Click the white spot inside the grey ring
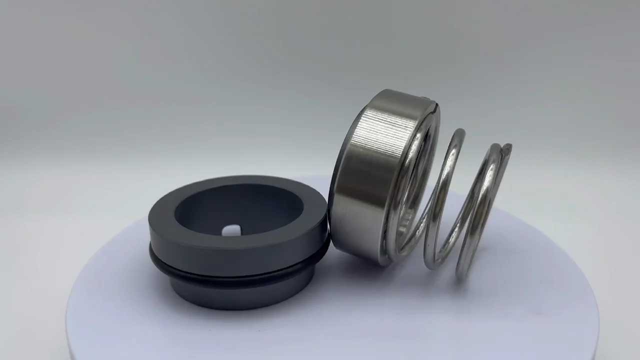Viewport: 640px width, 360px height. tap(230, 230)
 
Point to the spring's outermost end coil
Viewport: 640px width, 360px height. tap(480, 210)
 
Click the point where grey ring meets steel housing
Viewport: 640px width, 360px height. tap(328, 235)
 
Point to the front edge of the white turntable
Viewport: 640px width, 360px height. tap(320, 350)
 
